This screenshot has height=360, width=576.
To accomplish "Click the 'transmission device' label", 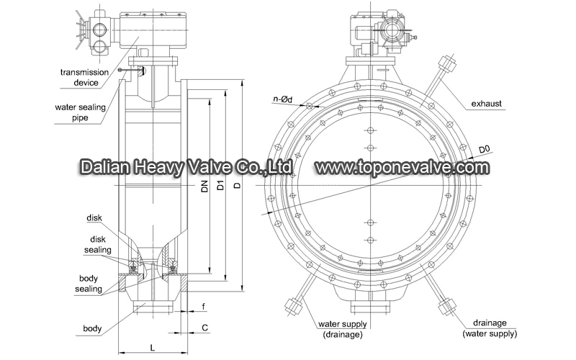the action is click(x=85, y=77).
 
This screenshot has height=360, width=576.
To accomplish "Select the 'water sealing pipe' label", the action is click(x=80, y=112).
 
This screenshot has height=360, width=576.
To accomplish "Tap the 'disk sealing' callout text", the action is click(x=98, y=244).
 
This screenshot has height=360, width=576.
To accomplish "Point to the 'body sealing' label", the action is click(x=89, y=284).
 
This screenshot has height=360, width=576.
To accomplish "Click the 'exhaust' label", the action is click(x=487, y=104).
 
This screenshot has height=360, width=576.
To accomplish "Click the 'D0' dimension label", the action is click(x=485, y=150).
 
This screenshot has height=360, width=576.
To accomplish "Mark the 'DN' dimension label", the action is click(x=205, y=186).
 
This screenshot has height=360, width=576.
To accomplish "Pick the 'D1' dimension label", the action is click(x=220, y=186).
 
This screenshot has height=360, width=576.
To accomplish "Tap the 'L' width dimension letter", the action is click(x=153, y=347).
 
